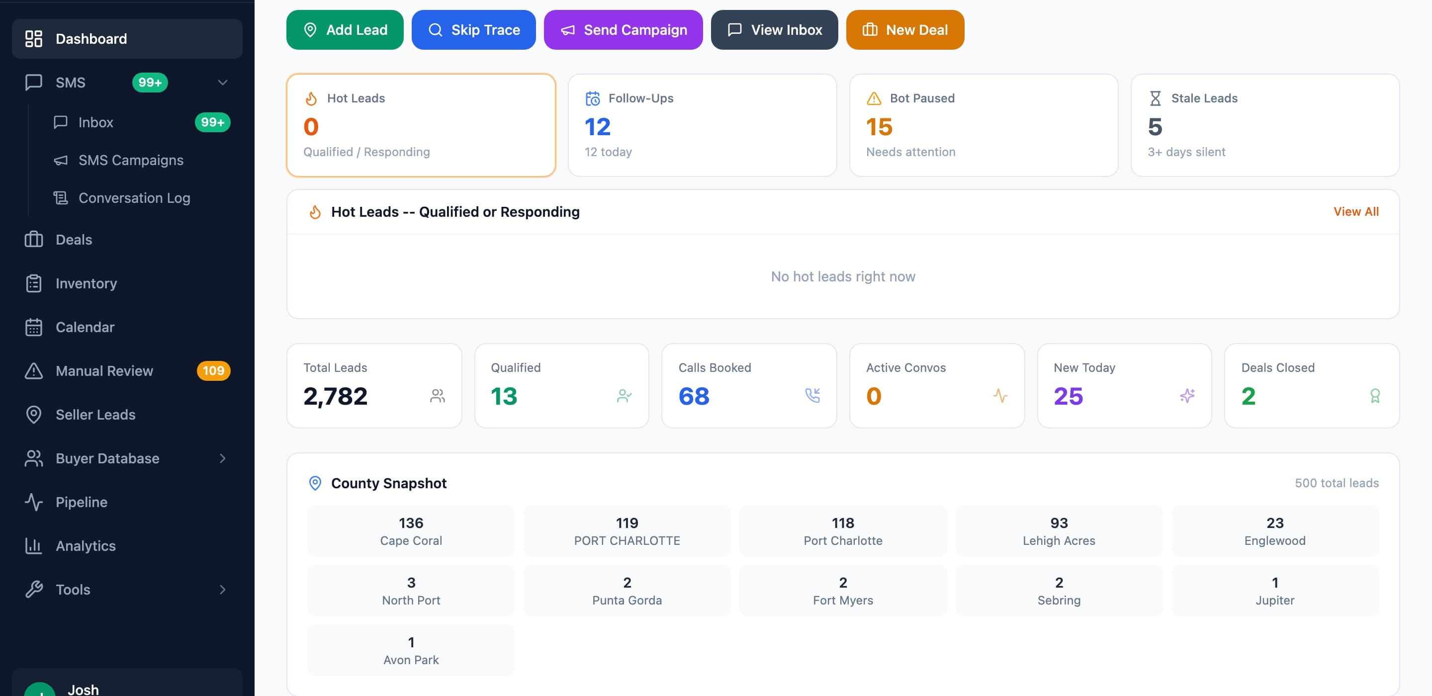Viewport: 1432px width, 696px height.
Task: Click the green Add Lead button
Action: [345, 30]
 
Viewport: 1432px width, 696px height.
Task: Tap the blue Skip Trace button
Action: [474, 30]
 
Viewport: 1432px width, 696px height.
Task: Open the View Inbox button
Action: [774, 30]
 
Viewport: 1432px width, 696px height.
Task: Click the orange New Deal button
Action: [905, 30]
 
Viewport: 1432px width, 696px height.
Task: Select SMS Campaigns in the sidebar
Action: [131, 160]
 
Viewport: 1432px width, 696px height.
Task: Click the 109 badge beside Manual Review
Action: [213, 371]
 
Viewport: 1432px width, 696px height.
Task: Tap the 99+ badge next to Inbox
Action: [212, 122]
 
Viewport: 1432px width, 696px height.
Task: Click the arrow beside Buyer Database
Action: [223, 459]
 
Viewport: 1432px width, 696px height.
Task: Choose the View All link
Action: [1356, 212]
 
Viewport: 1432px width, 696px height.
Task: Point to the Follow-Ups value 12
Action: [598, 127]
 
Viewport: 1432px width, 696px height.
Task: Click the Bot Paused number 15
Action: [879, 127]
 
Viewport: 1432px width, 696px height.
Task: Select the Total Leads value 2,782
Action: [335, 396]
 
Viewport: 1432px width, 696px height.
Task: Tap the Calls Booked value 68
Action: [694, 396]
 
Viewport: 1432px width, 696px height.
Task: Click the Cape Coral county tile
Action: [411, 531]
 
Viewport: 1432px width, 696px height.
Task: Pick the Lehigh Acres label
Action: [1059, 541]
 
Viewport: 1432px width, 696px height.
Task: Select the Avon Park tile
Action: [411, 650]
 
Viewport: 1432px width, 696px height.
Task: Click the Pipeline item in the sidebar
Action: [81, 502]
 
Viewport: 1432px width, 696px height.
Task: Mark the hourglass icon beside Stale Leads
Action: [1155, 98]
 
